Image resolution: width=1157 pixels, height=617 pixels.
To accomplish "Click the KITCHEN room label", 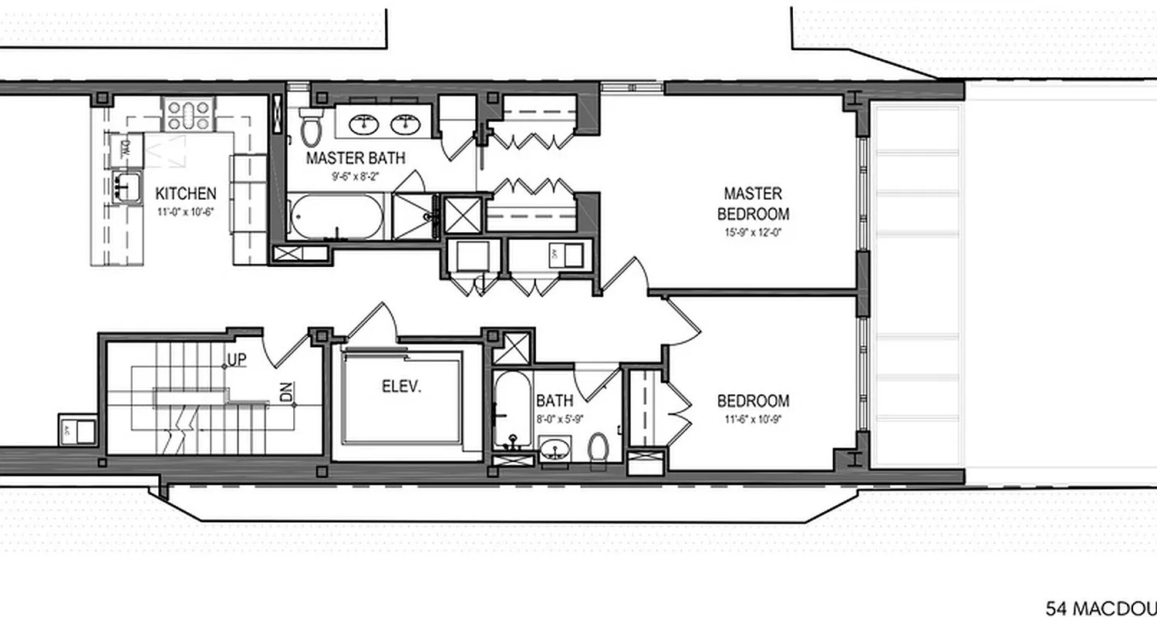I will click(186, 194).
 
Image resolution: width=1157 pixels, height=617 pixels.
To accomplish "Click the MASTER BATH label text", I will click(356, 159).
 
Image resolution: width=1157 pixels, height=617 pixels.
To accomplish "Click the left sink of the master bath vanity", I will click(363, 123).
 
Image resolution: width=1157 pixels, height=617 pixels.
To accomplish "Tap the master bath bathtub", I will click(336, 217).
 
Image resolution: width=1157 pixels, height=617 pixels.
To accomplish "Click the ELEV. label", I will click(402, 386).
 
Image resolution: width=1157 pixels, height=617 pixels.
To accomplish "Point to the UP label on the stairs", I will click(237, 361).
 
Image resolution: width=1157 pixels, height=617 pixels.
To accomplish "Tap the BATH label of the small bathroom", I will click(555, 400).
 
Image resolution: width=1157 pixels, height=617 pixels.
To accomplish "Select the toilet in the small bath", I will click(598, 449).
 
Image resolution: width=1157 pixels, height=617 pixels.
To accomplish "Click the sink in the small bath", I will click(555, 449).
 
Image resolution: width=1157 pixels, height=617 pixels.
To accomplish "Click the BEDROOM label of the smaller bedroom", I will click(753, 401).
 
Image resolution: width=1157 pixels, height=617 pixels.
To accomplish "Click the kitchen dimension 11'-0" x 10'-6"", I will click(186, 211).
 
